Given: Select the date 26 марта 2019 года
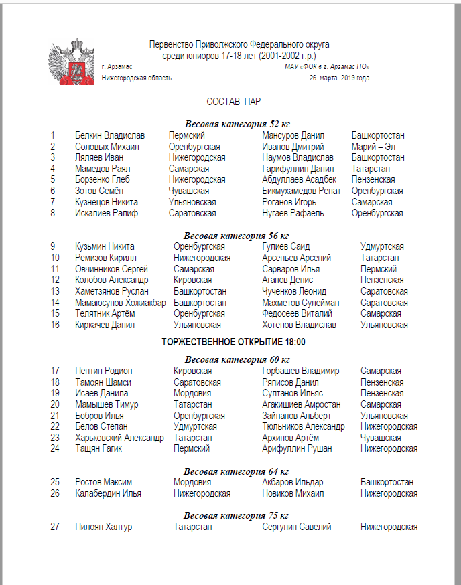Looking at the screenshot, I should coord(339,78).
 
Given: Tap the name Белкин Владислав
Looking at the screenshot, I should coord(110,135).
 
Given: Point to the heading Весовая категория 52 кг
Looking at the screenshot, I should coord(237,123).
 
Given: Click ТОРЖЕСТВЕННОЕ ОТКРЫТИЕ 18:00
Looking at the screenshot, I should coord(234,341).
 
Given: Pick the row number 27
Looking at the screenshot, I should coord(55,527).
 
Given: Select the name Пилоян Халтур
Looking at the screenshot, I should coord(104,527).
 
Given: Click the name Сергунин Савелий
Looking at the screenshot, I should coord(297,527).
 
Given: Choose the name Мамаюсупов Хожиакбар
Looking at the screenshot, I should coord(121,303).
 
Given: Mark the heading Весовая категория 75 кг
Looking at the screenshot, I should coord(237,515).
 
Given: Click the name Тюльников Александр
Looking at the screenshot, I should coord(304,426).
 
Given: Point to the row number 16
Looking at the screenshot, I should coord(55,325).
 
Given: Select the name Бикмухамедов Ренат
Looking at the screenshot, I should coord(302,191).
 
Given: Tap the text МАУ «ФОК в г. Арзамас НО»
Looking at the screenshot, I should coord(327,67).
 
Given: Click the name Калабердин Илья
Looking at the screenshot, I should coord(108,493).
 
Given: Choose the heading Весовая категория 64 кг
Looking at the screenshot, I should coord(237,471).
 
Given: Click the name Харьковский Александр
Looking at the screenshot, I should coord(119,438).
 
